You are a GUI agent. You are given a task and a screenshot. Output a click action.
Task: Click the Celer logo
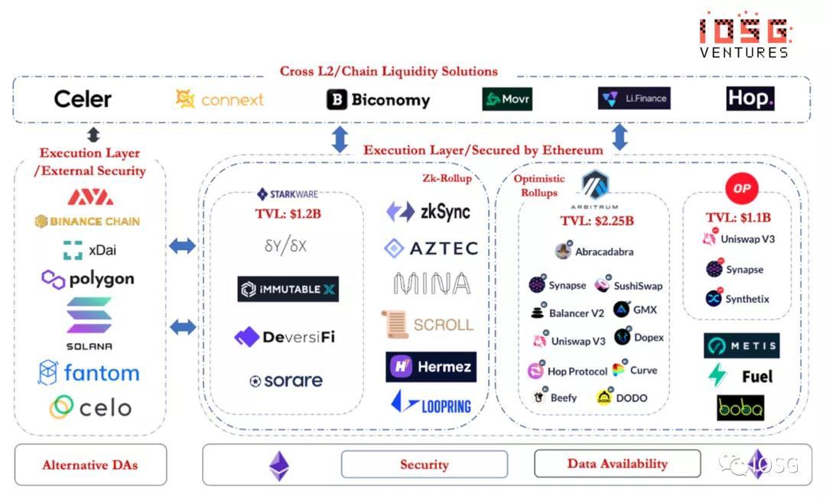(83, 99)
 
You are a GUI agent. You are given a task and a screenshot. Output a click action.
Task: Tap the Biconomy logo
(378, 99)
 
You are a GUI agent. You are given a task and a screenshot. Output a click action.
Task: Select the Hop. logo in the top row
(750, 98)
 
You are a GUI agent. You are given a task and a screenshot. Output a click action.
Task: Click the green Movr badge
(506, 99)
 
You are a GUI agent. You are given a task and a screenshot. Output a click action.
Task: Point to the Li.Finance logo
(634, 99)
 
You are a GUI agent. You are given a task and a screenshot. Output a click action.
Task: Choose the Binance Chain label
(87, 222)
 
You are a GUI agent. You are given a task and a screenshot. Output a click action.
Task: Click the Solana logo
(89, 323)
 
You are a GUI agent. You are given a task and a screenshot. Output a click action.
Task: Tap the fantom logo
(89, 373)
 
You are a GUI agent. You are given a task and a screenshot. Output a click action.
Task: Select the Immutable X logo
(288, 289)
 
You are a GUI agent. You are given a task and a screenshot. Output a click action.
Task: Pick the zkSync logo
(428, 212)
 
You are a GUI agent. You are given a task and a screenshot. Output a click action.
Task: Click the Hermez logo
(431, 367)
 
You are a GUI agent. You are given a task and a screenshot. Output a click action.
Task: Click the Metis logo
(741, 346)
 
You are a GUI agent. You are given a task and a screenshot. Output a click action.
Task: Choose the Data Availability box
(617, 463)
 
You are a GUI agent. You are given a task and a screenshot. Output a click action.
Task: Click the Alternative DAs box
(90, 464)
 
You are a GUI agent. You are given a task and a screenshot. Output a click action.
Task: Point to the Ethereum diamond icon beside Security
(279, 465)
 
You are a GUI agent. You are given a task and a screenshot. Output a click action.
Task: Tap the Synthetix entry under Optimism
(737, 299)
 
